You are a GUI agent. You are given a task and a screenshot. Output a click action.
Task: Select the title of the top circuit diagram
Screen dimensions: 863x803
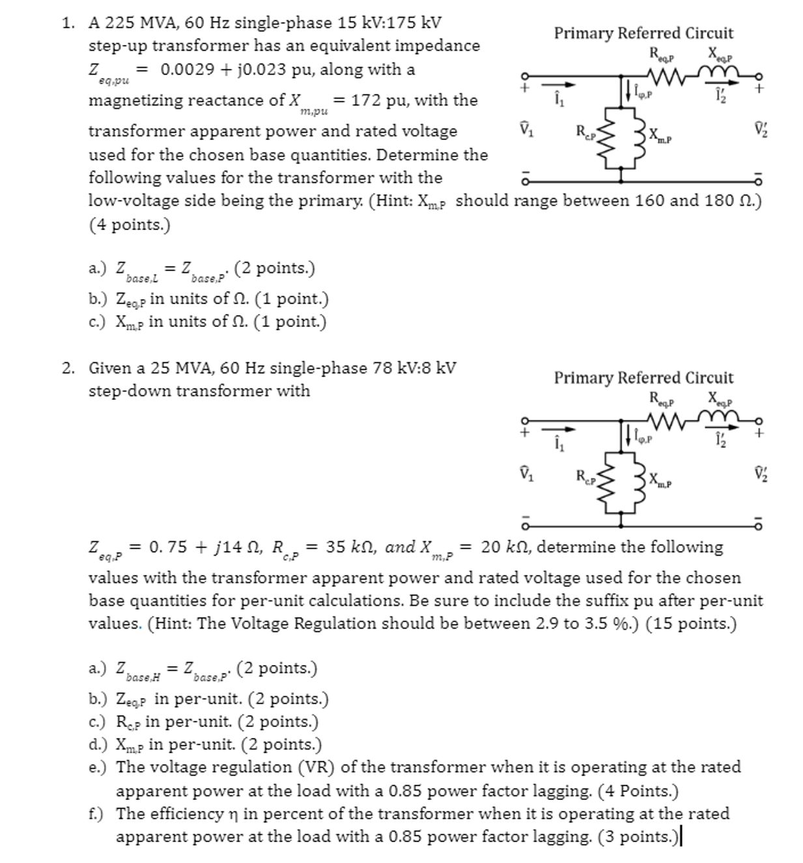643,33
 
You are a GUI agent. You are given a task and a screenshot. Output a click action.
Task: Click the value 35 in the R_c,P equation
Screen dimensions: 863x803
335,547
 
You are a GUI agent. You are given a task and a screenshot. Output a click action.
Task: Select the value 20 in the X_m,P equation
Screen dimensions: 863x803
490,547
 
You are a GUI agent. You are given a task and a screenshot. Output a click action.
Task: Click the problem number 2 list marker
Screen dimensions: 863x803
68,368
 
